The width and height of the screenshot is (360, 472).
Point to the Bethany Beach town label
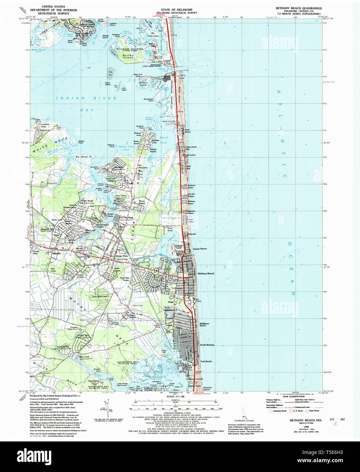pyautogui.click(x=206, y=274)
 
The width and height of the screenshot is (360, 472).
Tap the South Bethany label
pyautogui.click(x=207, y=345)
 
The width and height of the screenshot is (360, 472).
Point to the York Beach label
pyautogui.click(x=206, y=361)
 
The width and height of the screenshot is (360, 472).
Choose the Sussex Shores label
pyautogui.click(x=200, y=249)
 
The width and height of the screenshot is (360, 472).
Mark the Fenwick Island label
pyautogui.click(x=208, y=388)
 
